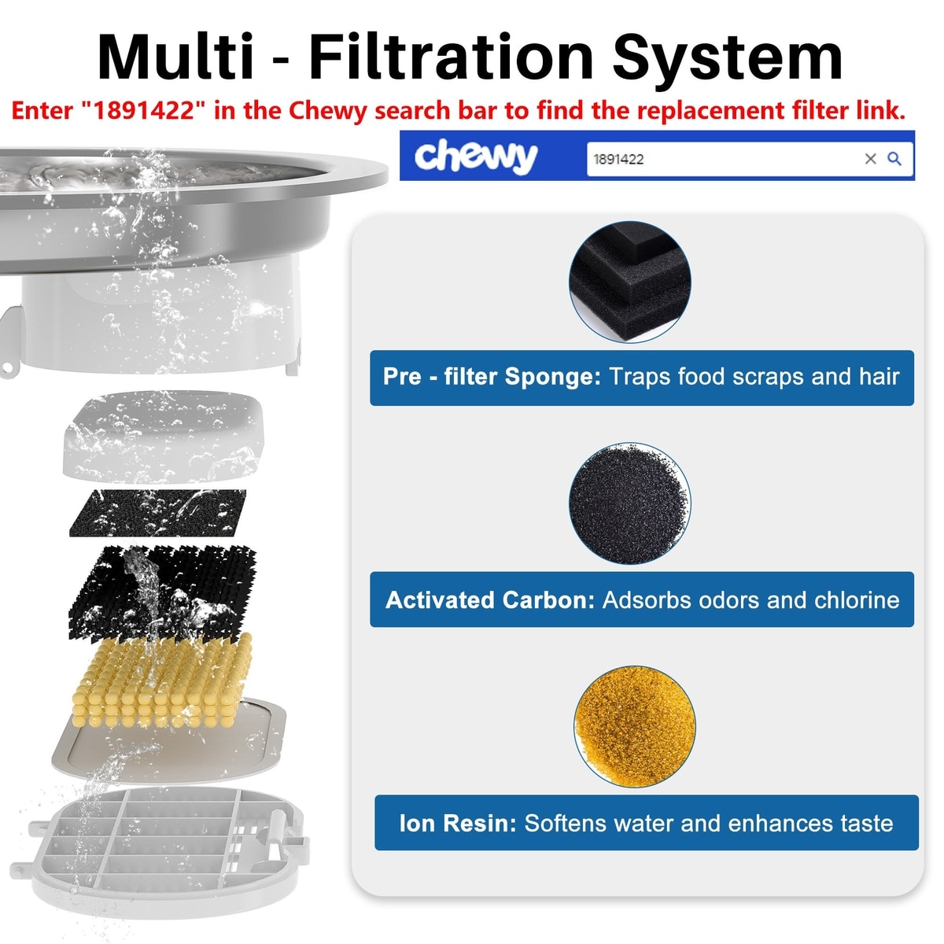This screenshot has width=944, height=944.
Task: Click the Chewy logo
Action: click(476, 157)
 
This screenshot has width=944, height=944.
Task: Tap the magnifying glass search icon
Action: click(894, 159)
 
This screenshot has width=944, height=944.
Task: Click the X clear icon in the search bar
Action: click(870, 159)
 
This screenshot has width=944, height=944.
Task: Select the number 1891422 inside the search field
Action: click(618, 159)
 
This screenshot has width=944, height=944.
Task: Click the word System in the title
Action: click(727, 57)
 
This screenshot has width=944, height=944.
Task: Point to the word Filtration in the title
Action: click(452, 57)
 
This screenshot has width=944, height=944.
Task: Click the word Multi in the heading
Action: click(175, 57)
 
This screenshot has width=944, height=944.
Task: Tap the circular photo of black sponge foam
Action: click(629, 282)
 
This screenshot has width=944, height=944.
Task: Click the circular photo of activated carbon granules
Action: click(629, 503)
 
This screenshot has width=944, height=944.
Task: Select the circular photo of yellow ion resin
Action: click(634, 727)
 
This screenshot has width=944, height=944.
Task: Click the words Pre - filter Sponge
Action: click(492, 377)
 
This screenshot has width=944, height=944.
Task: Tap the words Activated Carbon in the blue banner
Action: click(490, 600)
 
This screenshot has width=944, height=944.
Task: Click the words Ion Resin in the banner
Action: click(458, 824)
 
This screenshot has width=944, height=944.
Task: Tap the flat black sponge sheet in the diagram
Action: click(158, 513)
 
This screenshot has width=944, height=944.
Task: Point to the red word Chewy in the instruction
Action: click(328, 111)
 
